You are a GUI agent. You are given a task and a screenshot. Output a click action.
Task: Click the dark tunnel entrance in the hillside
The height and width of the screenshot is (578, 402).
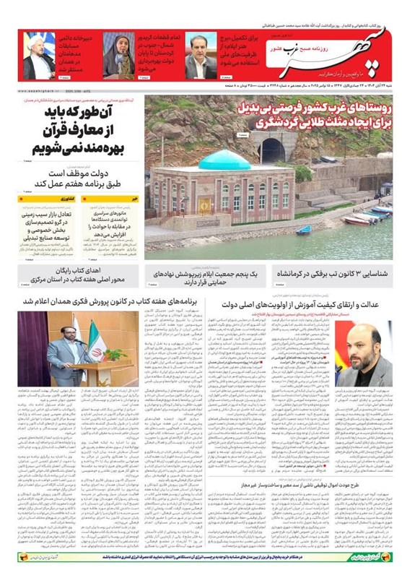(274, 151)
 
